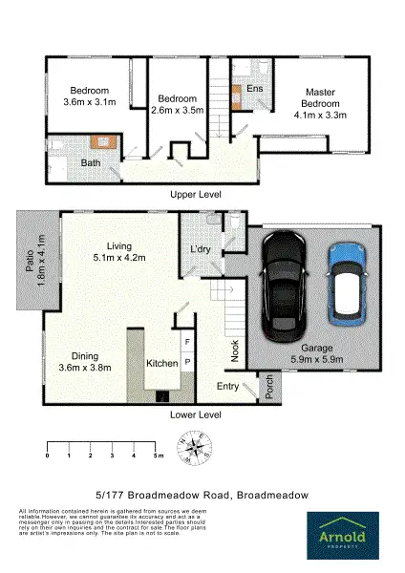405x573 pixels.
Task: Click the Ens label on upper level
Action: [255, 88]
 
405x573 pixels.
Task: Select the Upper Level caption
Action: [196, 194]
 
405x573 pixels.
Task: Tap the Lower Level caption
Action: [196, 415]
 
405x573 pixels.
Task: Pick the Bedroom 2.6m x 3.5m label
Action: [177, 105]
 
